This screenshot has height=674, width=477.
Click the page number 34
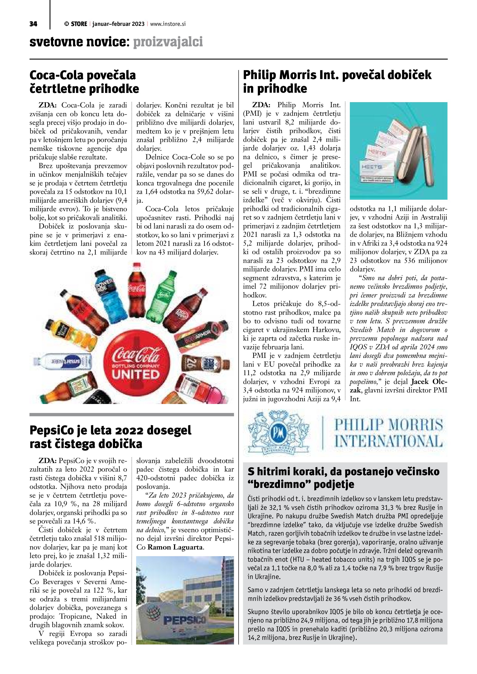click(33, 24)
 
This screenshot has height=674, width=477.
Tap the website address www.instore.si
click(168, 24)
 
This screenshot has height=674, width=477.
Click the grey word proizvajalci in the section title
click(168, 42)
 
